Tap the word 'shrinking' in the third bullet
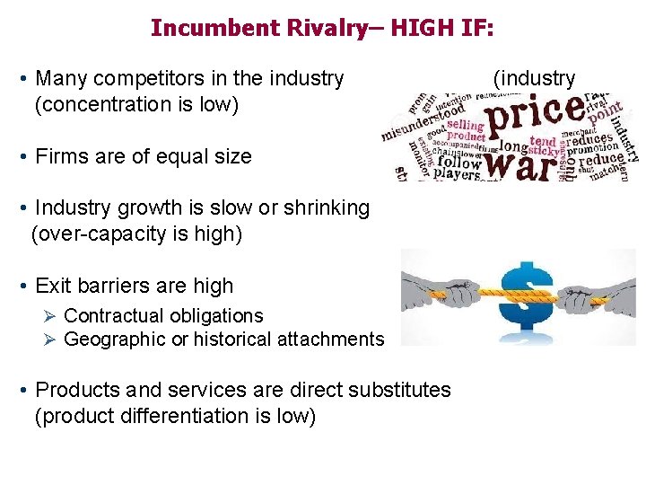(325, 207)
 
